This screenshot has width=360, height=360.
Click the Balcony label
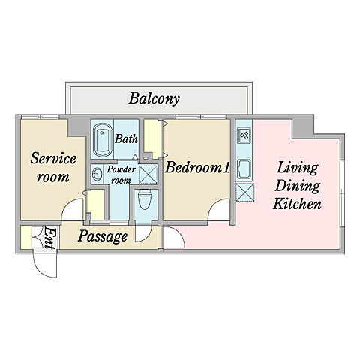[x=154, y=99]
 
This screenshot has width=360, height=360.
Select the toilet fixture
[x=144, y=199]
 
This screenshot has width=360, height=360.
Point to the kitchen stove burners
[x=244, y=135]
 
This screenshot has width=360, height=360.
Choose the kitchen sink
[x=244, y=169]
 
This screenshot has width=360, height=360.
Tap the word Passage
[x=103, y=236]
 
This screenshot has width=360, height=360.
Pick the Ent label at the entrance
[x=49, y=238]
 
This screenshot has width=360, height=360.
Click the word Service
[x=53, y=158]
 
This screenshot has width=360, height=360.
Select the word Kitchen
[x=297, y=204]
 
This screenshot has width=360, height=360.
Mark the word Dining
[x=298, y=186]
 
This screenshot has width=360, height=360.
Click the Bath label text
[x=126, y=139]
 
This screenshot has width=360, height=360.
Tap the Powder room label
[x=121, y=175]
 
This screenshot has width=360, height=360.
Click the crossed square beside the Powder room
[x=148, y=174]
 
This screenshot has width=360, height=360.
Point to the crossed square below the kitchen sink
[x=245, y=192]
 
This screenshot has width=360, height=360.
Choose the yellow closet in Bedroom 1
[x=153, y=139]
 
